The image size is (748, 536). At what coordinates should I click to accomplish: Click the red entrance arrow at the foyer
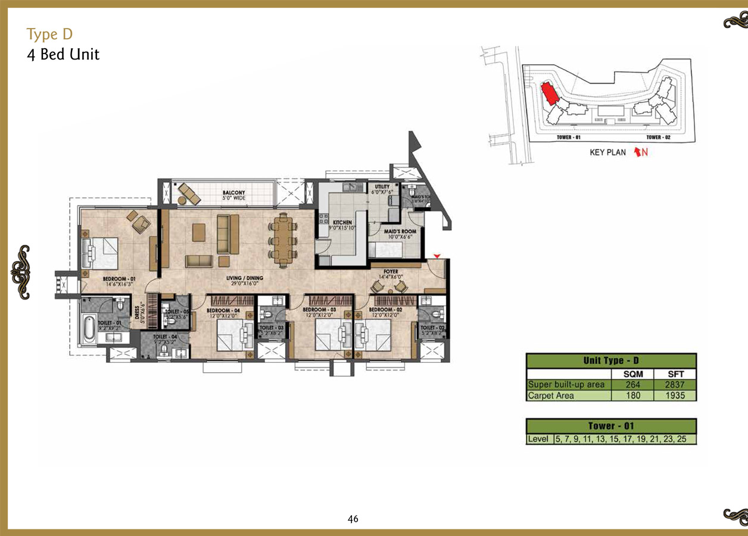click(x=438, y=256)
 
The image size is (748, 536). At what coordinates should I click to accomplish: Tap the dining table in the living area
click(x=283, y=240)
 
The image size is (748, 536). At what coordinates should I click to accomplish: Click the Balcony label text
click(x=234, y=193)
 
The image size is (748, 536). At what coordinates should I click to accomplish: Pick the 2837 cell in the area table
click(x=675, y=385)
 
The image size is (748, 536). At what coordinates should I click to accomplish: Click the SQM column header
click(x=633, y=374)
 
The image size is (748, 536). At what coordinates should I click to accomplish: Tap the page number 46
click(x=353, y=519)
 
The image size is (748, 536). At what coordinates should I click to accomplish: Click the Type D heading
click(x=49, y=34)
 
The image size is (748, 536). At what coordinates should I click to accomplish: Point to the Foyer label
click(x=391, y=272)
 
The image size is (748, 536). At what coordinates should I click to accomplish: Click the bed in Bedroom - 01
click(x=101, y=253)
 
